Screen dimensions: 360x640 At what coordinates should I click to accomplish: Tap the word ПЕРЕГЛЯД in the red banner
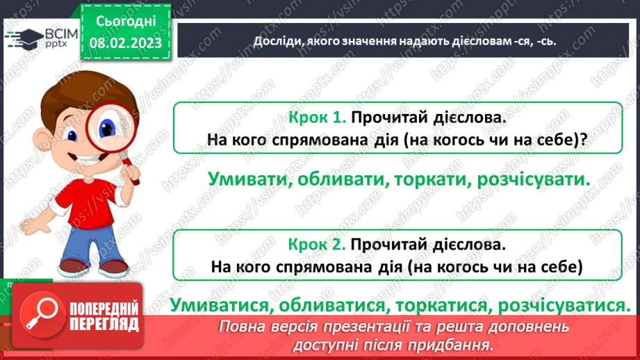click(x=104, y=323)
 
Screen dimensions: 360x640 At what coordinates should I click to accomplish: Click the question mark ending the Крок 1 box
click(x=584, y=139)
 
